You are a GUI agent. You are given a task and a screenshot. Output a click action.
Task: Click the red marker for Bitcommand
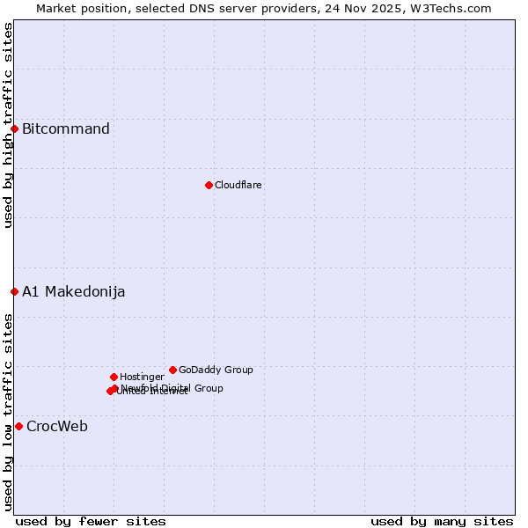point(14,129)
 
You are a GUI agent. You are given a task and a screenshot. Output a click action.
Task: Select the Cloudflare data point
point(209,185)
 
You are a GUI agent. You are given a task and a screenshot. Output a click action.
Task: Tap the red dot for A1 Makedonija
point(14,291)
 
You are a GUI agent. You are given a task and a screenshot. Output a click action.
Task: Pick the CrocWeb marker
point(18,426)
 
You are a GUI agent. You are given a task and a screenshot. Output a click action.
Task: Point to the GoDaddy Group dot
point(172,370)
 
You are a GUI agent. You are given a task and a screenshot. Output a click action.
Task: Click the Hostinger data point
point(114,377)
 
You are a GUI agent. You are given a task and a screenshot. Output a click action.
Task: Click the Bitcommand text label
point(66,129)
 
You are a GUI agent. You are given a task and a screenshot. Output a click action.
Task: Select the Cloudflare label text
point(238,185)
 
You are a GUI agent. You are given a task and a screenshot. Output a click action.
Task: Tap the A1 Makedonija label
point(73,291)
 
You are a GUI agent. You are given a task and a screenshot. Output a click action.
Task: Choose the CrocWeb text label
point(57,427)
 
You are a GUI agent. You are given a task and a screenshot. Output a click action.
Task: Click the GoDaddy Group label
point(216,370)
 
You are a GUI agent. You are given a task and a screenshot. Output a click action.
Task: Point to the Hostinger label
point(142,377)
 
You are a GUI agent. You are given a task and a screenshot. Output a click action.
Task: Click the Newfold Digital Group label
point(172,387)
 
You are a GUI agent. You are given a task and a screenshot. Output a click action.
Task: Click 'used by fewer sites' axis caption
point(91,521)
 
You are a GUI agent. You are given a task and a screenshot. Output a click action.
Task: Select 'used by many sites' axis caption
point(442,521)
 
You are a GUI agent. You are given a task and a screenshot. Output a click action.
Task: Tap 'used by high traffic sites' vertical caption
point(8,125)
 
